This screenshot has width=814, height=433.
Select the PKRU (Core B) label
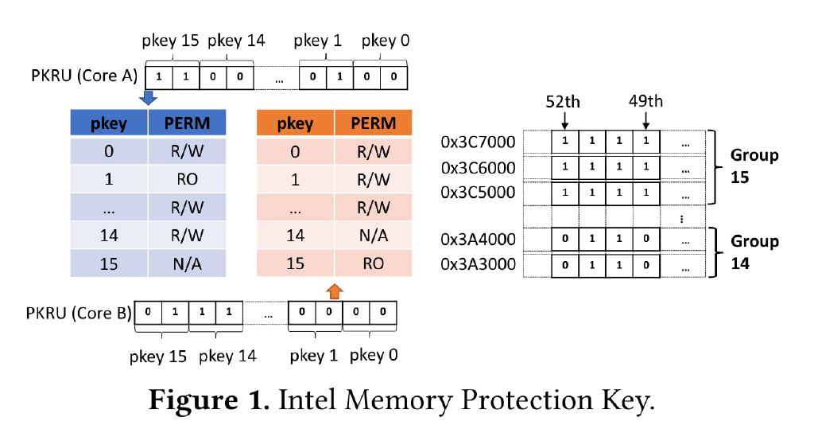click(78, 313)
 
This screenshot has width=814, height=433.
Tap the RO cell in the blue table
click(188, 180)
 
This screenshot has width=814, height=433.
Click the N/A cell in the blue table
click(188, 263)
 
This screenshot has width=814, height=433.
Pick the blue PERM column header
click(188, 123)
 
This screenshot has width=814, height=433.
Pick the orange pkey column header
click(295, 123)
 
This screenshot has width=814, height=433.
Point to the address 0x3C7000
click(478, 142)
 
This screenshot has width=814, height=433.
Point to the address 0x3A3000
click(478, 265)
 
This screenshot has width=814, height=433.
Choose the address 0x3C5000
click(478, 193)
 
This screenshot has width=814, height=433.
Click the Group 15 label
click(754, 166)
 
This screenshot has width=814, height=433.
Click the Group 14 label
click(754, 252)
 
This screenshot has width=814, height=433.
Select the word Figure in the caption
click(207, 400)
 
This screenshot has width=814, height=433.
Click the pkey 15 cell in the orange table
click(295, 263)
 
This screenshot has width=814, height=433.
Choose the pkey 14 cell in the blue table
click(110, 235)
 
